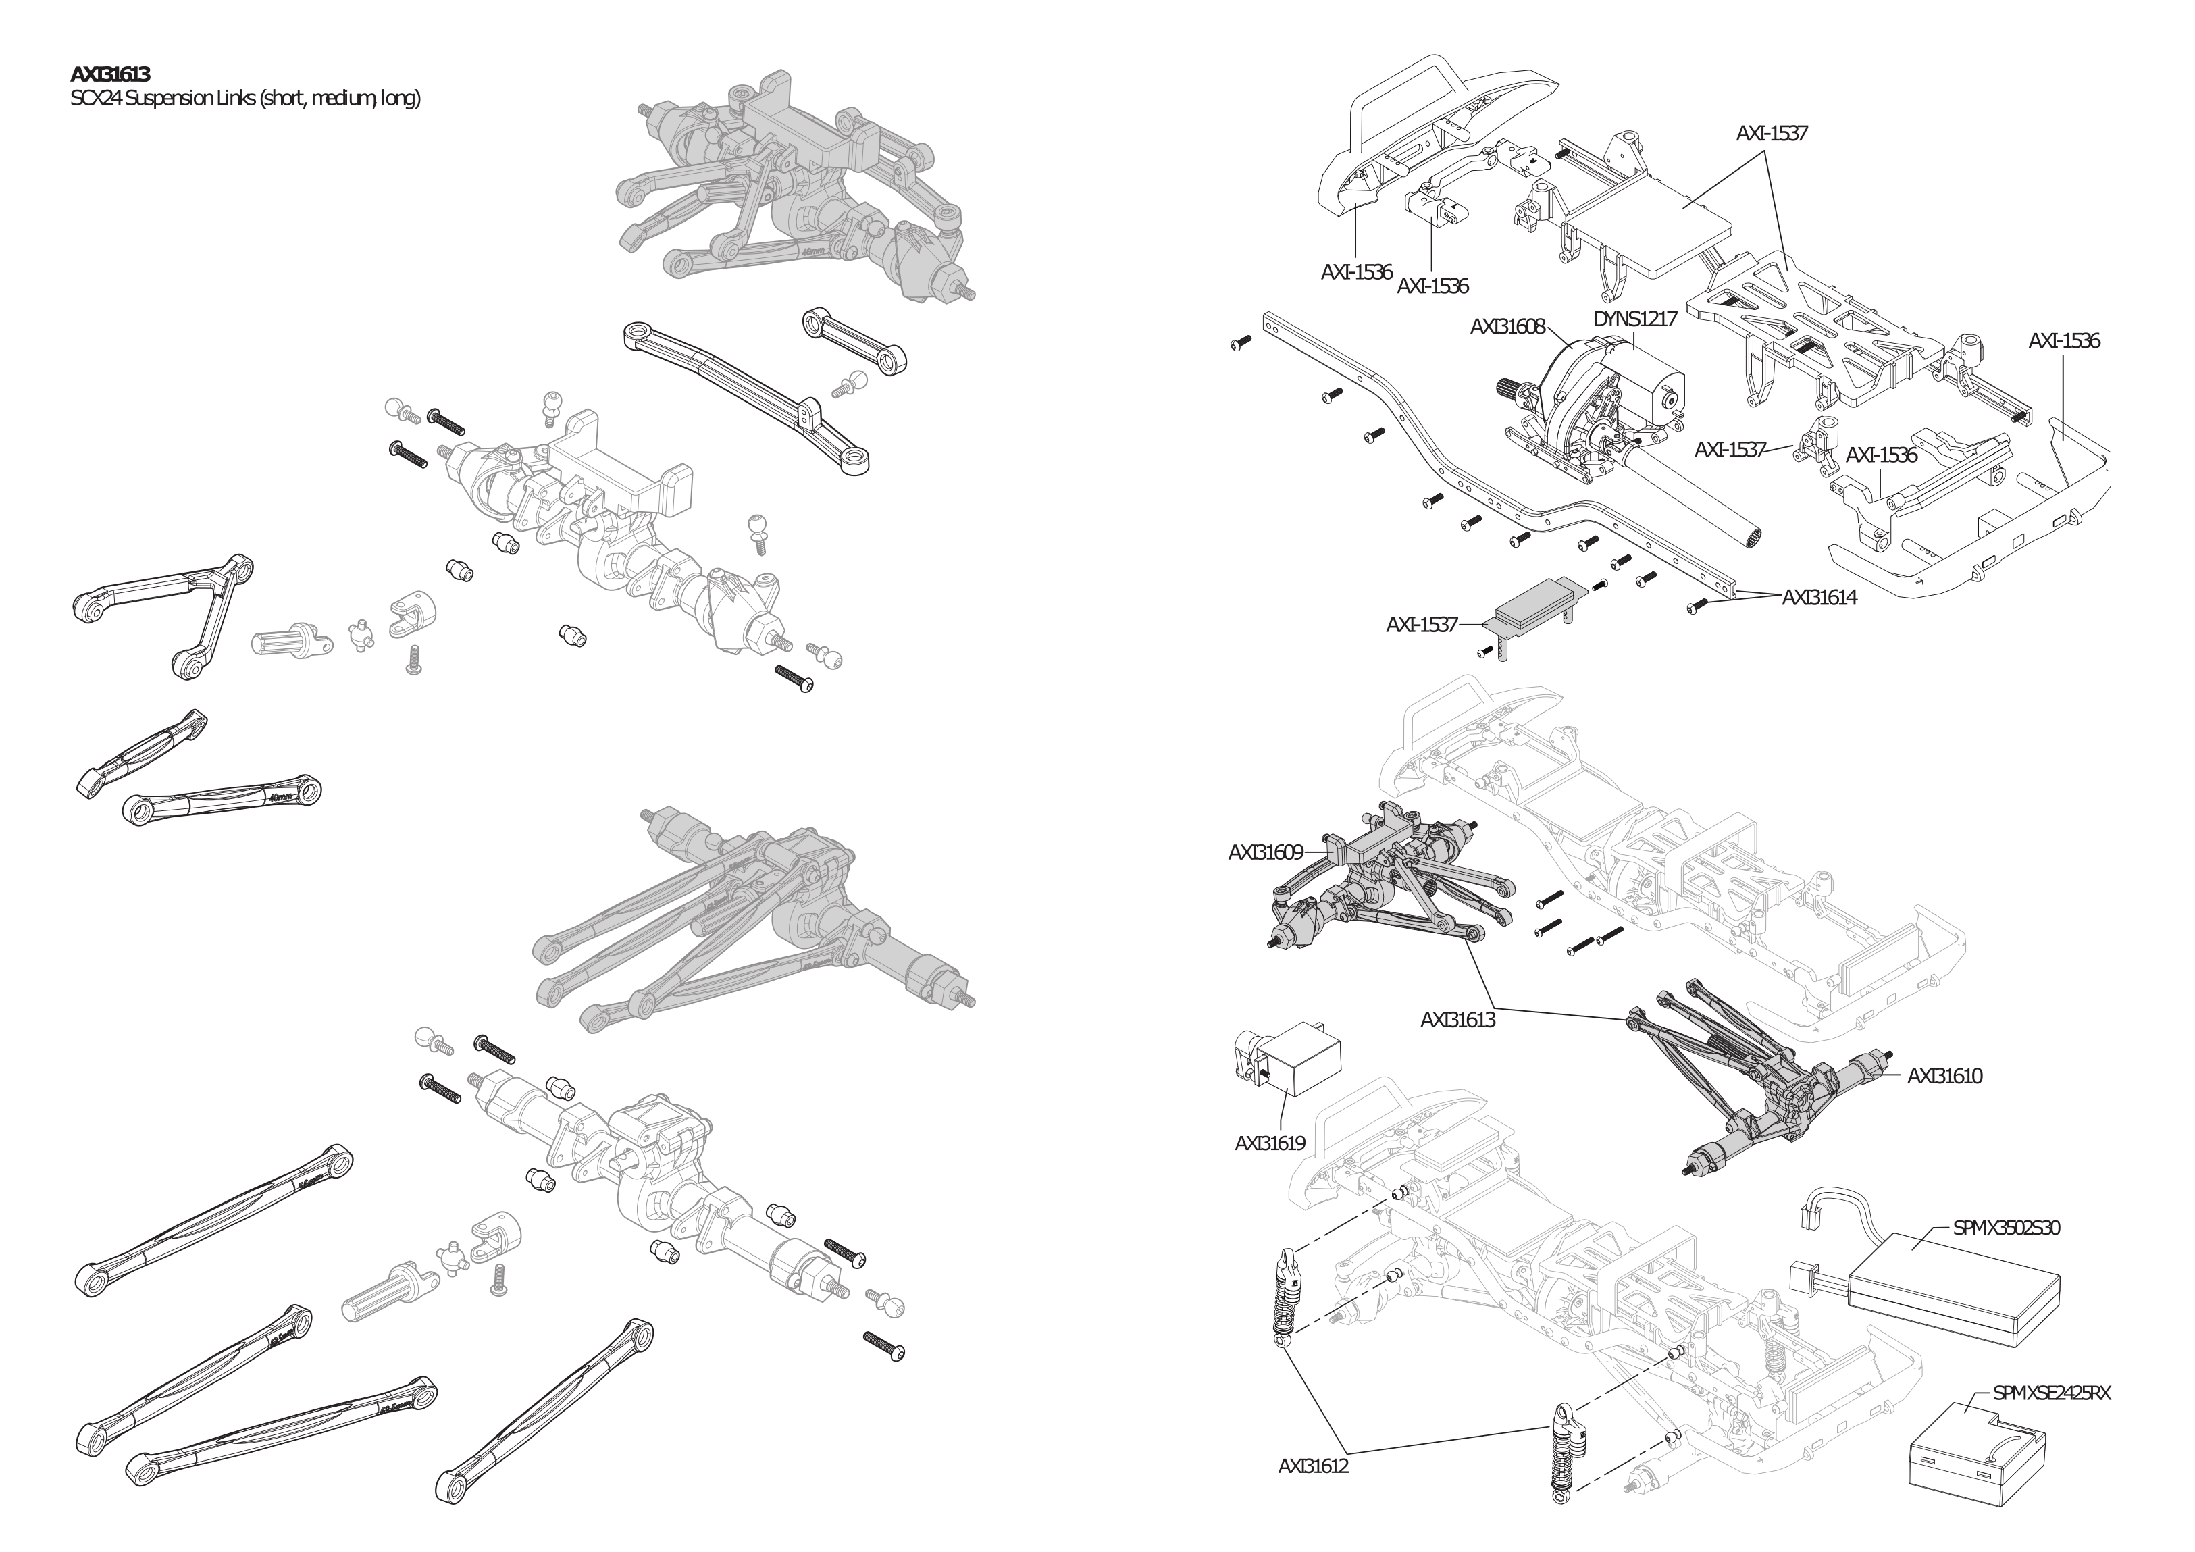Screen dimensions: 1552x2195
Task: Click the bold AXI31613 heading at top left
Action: tap(110, 74)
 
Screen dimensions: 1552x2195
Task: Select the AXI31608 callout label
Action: tap(1507, 327)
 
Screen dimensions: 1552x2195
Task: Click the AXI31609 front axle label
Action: tap(1265, 852)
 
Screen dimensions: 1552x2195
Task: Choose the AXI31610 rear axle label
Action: tap(1944, 1076)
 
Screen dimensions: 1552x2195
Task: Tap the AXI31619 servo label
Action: tap(1270, 1143)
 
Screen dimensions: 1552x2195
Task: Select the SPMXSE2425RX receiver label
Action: tap(2050, 1393)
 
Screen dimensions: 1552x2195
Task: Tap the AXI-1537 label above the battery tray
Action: tap(1771, 134)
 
